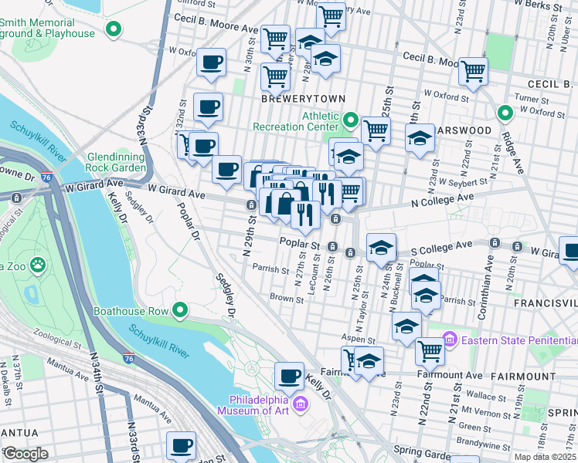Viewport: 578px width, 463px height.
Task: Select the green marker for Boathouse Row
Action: [x=181, y=311]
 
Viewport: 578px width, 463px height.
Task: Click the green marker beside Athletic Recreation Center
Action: [x=350, y=121]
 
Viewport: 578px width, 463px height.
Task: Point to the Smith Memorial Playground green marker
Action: [x=114, y=30]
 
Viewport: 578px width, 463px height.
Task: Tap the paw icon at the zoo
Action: [x=38, y=266]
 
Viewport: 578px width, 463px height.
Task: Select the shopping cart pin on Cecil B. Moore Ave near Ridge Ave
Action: [x=473, y=72]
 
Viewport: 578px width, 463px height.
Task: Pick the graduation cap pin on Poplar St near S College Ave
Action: [x=381, y=248]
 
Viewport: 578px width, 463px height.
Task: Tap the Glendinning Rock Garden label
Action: [x=117, y=161]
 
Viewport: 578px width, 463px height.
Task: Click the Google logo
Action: [x=25, y=454]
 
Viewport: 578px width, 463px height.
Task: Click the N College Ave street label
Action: [x=441, y=198]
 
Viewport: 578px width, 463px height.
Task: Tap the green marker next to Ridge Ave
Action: [x=505, y=113]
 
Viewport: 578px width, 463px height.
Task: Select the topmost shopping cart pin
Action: [x=331, y=15]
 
